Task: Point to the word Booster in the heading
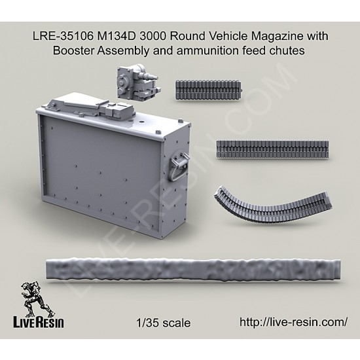pyautogui.click(x=74, y=50)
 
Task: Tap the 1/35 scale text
pyautogui.click(x=163, y=323)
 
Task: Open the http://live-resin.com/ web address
pyautogui.click(x=293, y=322)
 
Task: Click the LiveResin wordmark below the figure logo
pyautogui.click(x=39, y=323)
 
